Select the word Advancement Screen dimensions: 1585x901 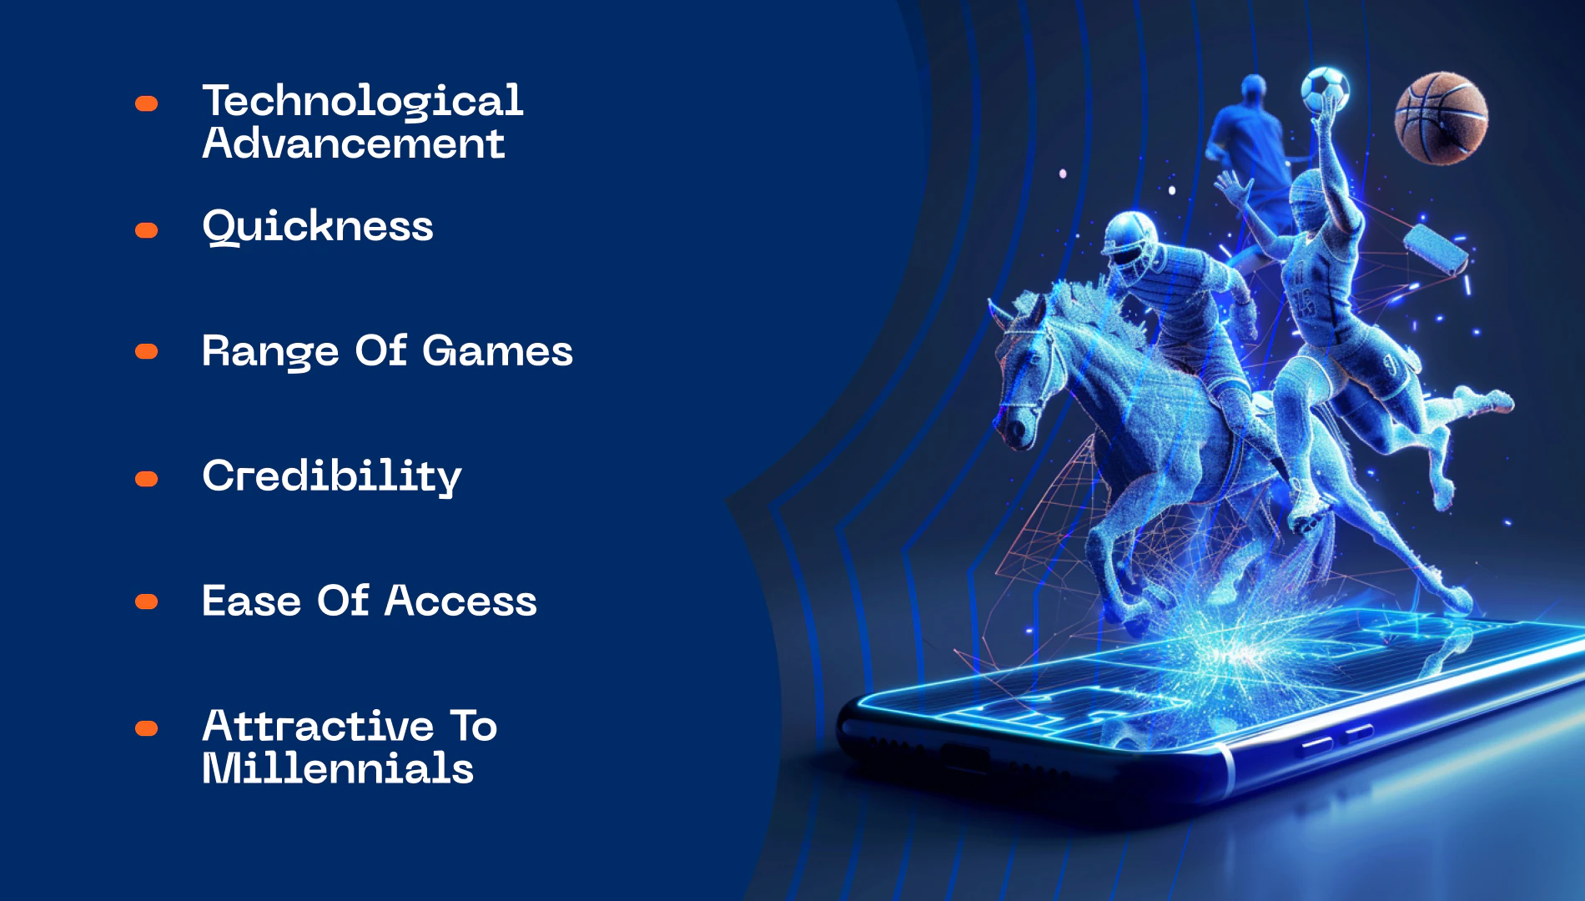(354, 143)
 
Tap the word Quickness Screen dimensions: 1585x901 (318, 227)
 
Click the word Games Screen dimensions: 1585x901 (497, 350)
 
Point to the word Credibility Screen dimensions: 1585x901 (332, 476)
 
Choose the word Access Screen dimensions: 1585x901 (460, 601)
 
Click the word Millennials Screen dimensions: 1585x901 (338, 768)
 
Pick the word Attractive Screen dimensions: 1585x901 (318, 726)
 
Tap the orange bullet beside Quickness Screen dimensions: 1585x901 (147, 230)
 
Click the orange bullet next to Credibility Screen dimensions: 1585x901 (147, 479)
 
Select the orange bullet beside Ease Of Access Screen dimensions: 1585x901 (147, 602)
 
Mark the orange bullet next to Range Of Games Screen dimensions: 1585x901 (147, 352)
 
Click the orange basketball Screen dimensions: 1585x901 (1441, 118)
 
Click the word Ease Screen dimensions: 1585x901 (251, 601)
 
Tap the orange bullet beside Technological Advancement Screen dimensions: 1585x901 (147, 103)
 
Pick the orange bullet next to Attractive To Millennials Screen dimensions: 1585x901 (147, 729)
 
